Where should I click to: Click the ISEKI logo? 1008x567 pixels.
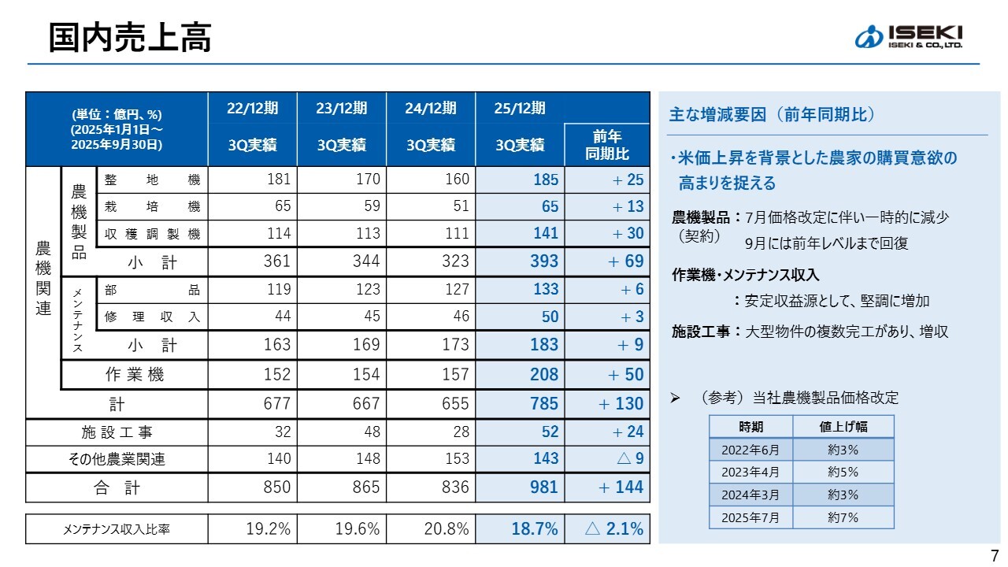pos(908,37)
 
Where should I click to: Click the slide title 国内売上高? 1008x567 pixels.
pos(130,37)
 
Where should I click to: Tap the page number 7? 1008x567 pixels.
pos(994,554)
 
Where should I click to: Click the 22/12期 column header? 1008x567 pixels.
pos(253,108)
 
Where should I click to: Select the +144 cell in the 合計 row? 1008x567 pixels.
pos(621,487)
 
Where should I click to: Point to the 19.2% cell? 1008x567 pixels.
pos(269,529)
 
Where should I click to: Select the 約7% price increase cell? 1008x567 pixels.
pos(843,517)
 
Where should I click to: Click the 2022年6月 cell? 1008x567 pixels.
pos(750,450)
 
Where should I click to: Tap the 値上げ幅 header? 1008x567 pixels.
pos(843,427)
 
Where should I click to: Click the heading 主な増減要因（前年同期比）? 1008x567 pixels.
pos(772,115)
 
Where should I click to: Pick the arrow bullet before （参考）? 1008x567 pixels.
pos(675,398)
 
